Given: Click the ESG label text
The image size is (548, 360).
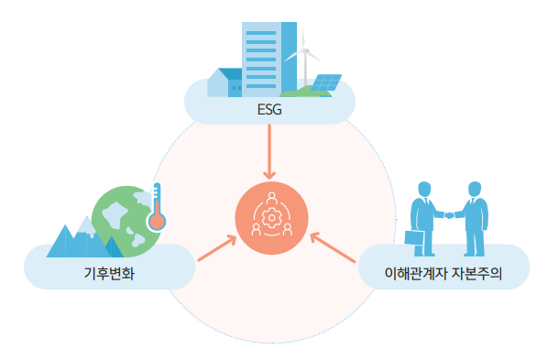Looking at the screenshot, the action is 269,110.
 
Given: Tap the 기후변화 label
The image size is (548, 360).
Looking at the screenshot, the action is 109,273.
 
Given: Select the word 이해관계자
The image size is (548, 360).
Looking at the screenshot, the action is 415,273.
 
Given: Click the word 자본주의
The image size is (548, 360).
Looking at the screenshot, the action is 477,273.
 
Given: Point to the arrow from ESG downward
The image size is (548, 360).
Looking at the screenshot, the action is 269,152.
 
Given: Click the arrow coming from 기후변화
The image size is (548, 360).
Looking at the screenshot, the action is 217,248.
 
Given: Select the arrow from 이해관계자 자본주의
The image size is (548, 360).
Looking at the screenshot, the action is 333,247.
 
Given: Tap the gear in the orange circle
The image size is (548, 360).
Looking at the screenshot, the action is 271,218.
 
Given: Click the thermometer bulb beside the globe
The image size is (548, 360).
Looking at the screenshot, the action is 157,222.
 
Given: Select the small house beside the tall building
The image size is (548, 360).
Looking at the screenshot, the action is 225,82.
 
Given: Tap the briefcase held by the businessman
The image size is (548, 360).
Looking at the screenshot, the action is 414,238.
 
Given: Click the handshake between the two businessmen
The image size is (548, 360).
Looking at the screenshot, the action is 449,215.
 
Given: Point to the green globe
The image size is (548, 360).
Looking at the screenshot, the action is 126,222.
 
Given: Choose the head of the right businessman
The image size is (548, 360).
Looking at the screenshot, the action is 475,189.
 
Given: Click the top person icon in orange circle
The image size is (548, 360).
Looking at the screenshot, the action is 271,199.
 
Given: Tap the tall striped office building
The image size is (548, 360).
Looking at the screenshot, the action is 269,60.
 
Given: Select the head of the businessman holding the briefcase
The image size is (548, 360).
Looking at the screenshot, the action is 424,190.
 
